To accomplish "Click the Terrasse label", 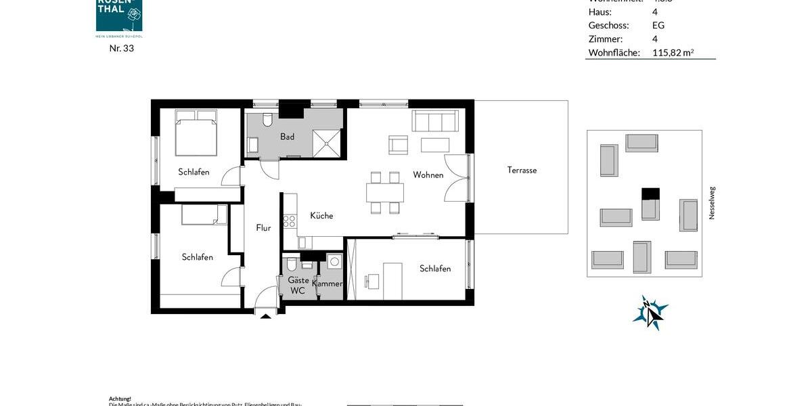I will point(522,171).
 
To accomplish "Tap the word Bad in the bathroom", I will point(288,137).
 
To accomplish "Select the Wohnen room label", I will point(428,175).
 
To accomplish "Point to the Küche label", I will point(321,216).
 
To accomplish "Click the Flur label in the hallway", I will point(263,228).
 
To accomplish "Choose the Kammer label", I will point(328,284).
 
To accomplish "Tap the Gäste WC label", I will point(298,286).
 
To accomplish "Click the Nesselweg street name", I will point(712,203).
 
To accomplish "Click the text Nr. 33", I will point(122,48).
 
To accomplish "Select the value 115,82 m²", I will point(673,53).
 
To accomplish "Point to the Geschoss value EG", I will point(658,26).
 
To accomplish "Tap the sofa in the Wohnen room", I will point(435,122).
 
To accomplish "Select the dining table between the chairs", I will point(384,193).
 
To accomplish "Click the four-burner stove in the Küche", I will point(290,221).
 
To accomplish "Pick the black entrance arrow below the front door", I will point(266,315).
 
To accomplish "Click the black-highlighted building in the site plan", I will point(650,194).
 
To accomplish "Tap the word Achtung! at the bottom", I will point(120,399).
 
